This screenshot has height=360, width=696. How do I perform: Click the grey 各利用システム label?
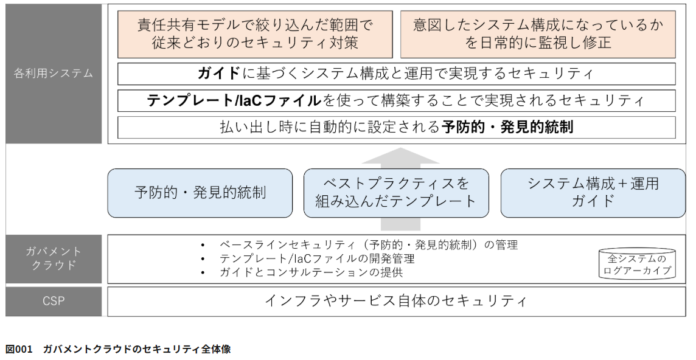pyautogui.click(x=54, y=73)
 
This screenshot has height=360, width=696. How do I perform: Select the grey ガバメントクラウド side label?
pyautogui.click(x=54, y=259)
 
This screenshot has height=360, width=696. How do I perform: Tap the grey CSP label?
pyautogui.click(x=54, y=302)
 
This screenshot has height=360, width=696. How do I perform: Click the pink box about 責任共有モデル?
pyautogui.click(x=255, y=34)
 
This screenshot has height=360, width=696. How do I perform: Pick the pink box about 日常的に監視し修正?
pyautogui.click(x=538, y=34)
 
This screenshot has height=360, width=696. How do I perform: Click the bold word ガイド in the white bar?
pyautogui.click(x=219, y=73)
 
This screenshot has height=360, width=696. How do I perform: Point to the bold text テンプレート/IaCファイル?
pyautogui.click(x=234, y=100)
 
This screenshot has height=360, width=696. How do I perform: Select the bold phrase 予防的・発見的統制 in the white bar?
pyautogui.click(x=507, y=127)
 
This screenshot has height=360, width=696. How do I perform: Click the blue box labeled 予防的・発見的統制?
pyautogui.click(x=200, y=193)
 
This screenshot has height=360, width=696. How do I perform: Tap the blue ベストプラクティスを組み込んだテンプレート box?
pyautogui.click(x=396, y=193)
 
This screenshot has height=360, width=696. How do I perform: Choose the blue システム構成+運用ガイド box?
pyautogui.click(x=593, y=193)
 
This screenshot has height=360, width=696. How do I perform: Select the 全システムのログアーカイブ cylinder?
pyautogui.click(x=637, y=264)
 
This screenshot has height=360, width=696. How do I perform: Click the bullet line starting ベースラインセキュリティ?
pyautogui.click(x=369, y=244)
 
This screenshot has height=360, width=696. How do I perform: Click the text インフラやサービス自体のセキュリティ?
pyautogui.click(x=396, y=302)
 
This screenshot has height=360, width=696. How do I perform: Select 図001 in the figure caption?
pyautogui.click(x=19, y=349)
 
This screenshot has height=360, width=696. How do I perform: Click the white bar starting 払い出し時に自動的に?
pyautogui.click(x=397, y=127)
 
